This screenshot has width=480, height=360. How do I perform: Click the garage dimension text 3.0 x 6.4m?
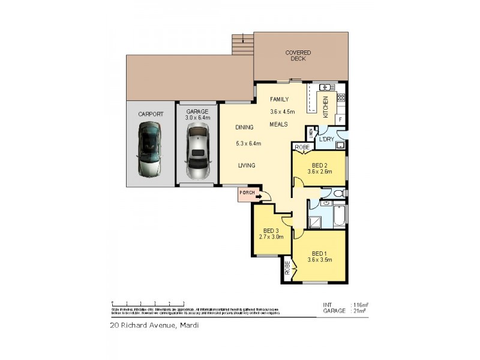[x=197, y=118]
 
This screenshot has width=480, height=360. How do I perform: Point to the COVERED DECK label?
[x=298, y=56]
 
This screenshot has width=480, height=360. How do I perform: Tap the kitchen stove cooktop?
[x=341, y=97]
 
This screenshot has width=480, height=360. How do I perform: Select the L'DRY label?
[x=326, y=139]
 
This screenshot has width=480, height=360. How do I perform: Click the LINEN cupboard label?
[x=311, y=133]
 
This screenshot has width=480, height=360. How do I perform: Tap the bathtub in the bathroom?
[x=338, y=216]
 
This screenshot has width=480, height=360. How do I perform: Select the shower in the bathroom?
[x=316, y=220]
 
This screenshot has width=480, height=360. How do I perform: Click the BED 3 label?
[x=271, y=231]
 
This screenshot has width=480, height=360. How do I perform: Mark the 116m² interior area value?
[x=361, y=305]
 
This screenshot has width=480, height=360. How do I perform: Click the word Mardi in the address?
[x=188, y=325]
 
